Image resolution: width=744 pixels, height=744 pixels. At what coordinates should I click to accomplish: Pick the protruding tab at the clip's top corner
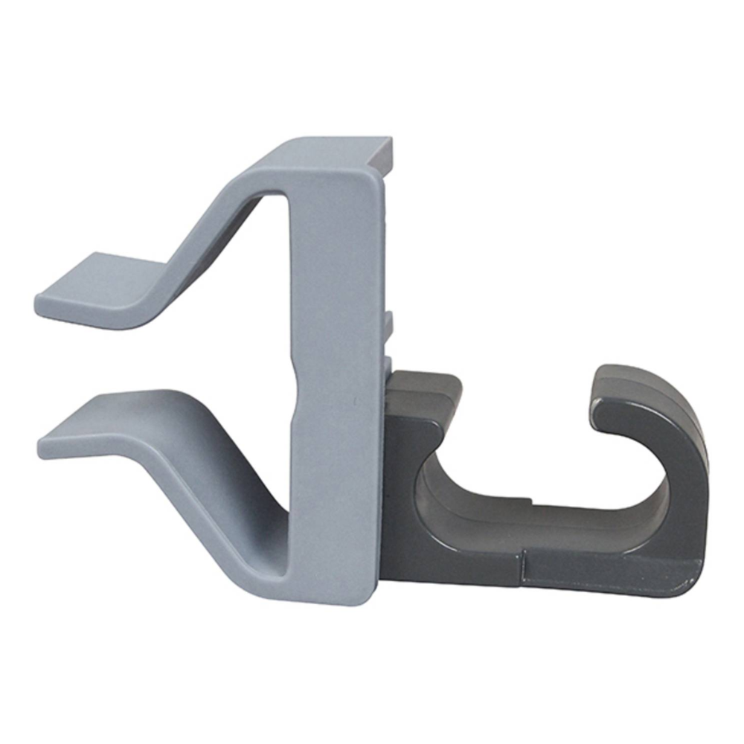(383, 153)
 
